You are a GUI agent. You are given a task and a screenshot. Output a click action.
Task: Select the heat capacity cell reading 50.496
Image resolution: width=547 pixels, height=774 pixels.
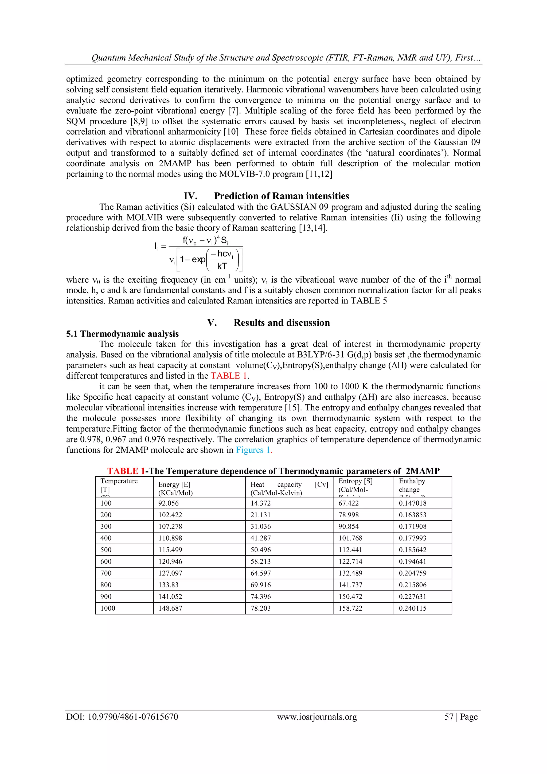tap(260, 550)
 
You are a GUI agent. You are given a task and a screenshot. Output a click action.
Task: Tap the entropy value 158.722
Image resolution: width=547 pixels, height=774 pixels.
tap(350, 608)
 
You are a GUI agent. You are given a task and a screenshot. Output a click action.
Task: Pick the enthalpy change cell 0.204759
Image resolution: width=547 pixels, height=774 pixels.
tap(413, 573)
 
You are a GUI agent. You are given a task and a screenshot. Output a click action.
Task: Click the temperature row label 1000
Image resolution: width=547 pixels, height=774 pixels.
tap(108, 608)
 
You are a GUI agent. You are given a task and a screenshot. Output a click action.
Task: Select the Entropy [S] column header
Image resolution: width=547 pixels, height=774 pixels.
tap(355, 481)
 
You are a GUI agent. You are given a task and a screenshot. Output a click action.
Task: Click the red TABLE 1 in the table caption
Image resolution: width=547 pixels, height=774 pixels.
tap(126, 471)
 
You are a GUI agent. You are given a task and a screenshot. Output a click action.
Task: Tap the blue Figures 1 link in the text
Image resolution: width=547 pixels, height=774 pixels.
tap(253, 450)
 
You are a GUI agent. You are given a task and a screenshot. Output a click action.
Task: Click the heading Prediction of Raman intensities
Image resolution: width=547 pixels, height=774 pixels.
tap(281, 196)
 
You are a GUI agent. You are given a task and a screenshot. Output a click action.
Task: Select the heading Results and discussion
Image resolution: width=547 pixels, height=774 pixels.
tap(282, 323)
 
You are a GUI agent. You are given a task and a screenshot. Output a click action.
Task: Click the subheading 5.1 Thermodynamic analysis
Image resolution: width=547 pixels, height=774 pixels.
tap(122, 334)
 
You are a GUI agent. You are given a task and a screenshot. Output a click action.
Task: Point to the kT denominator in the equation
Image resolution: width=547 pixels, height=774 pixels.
tap(222, 266)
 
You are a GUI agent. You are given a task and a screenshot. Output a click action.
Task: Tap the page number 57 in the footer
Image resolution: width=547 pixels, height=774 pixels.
tap(449, 717)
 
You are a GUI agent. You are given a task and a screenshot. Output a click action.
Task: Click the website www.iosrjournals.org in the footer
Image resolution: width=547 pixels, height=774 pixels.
tap(317, 717)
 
